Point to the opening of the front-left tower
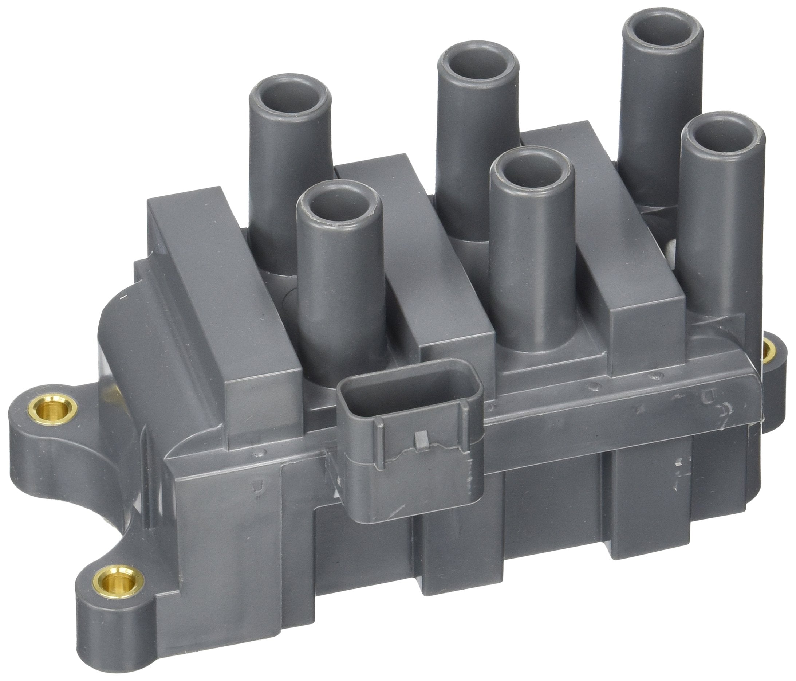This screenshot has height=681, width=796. click(340, 209)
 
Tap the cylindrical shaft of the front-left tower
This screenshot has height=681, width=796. click(338, 300)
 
